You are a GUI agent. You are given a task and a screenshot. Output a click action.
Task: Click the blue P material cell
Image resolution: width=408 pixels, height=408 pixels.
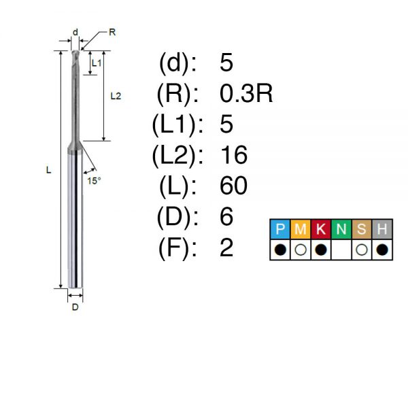pyautogui.click(x=280, y=229)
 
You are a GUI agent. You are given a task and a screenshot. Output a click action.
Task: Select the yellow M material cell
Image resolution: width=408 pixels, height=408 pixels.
pyautogui.click(x=301, y=229)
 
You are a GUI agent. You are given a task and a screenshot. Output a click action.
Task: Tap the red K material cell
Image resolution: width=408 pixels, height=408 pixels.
pyautogui.click(x=320, y=229)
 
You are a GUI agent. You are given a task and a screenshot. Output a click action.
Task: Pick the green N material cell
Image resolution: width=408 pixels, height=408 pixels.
pyautogui.click(x=341, y=229)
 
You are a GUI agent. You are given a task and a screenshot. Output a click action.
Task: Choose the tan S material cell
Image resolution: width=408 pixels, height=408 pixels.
pyautogui.click(x=362, y=229)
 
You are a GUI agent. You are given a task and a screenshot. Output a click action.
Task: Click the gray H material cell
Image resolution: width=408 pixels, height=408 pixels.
pyautogui.click(x=382, y=229)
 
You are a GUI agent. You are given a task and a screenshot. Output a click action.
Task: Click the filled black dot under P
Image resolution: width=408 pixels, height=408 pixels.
pyautogui.click(x=280, y=250)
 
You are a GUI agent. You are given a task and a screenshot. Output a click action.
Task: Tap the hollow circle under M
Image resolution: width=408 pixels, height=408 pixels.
pyautogui.click(x=301, y=250)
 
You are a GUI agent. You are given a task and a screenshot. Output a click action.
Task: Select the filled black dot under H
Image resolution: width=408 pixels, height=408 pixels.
pyautogui.click(x=382, y=250)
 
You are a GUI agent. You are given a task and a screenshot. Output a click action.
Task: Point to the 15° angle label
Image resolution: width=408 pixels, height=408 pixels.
pyautogui.click(x=94, y=181)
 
